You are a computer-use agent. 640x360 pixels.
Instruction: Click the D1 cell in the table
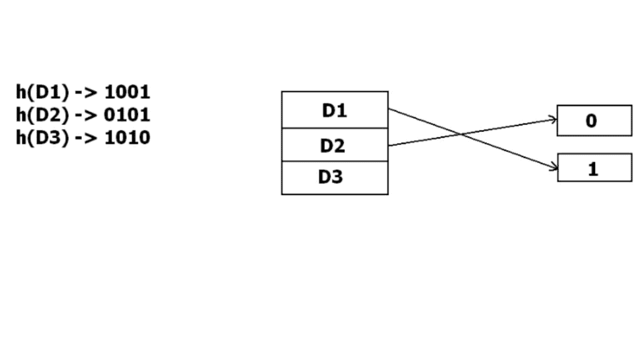(334, 111)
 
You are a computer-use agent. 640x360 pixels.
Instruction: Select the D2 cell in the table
(334, 146)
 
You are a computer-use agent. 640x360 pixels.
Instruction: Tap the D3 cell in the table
(334, 177)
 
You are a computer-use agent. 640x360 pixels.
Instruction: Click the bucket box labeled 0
(594, 121)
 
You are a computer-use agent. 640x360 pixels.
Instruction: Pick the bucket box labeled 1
(594, 168)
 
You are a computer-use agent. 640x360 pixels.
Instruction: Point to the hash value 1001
(127, 92)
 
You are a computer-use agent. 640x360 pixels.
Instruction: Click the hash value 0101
(127, 115)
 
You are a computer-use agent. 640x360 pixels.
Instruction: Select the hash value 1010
(127, 137)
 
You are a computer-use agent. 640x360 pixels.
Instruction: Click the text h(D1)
(42, 92)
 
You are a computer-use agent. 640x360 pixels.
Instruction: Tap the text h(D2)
(42, 115)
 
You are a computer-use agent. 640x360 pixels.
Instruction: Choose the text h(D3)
(42, 137)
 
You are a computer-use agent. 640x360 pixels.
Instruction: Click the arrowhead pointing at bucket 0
(555, 118)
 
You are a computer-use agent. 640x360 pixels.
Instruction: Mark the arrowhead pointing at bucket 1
(555, 167)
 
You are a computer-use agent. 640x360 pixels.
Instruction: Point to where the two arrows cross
(461, 133)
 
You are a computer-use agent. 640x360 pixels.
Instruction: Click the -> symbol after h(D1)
(86, 92)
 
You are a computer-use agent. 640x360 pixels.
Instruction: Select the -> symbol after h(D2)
(86, 115)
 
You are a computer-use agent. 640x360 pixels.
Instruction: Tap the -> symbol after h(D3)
(86, 137)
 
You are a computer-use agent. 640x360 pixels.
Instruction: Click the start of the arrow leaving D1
(389, 109)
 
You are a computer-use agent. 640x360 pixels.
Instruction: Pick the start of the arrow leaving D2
(389, 146)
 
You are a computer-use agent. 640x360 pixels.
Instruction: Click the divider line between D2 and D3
(334, 161)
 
